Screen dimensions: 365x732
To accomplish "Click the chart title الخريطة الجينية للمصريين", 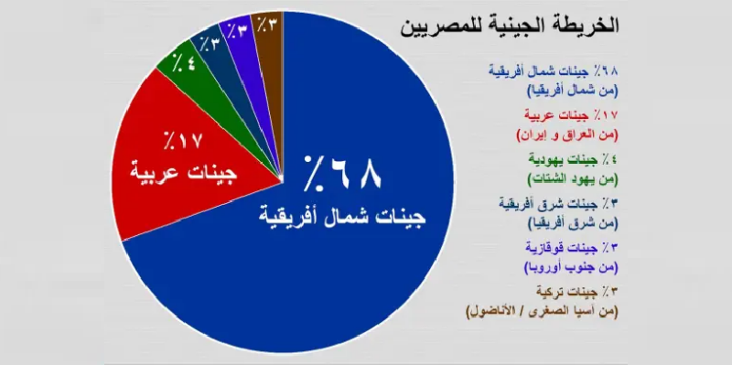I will tap(510, 26).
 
